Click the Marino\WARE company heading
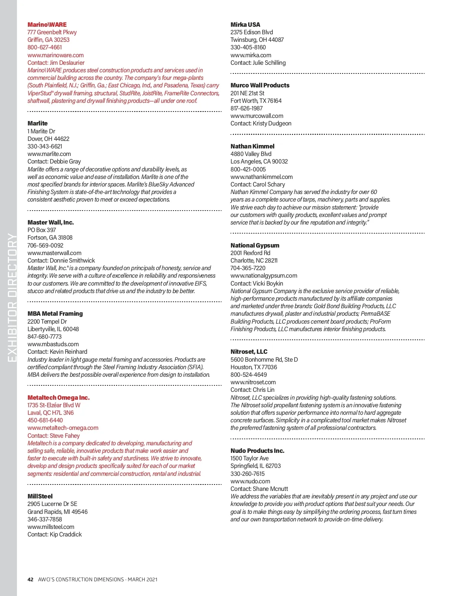[x=47, y=24]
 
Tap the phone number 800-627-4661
[x=44, y=47]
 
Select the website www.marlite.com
[x=49, y=154]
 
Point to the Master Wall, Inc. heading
[x=50, y=222]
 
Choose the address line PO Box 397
[x=41, y=230]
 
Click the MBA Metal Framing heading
[x=55, y=313]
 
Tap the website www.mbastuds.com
[x=53, y=344]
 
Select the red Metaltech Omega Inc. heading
[x=58, y=397]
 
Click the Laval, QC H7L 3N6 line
[x=50, y=413]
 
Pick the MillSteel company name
[x=40, y=496]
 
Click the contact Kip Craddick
[x=66, y=534]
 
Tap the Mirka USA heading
[x=245, y=24]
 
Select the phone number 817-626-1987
[x=246, y=108]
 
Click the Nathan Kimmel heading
[x=252, y=146]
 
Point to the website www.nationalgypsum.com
[x=264, y=275]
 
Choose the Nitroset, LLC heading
[x=249, y=351]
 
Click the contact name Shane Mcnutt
[x=270, y=489]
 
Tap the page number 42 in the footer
[x=31, y=579]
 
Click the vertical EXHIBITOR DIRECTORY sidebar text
[x=12, y=298]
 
